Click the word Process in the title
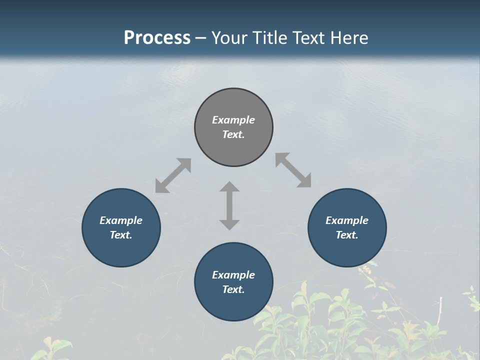157,38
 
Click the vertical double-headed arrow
229,205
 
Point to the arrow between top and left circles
173,175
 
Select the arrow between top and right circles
293,170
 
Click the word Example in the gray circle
233,120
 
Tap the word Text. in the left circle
121,235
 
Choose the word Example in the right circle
347,220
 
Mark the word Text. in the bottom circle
233,289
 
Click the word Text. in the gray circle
233,134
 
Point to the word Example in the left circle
121,220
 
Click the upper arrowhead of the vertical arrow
229,186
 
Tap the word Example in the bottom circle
233,275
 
